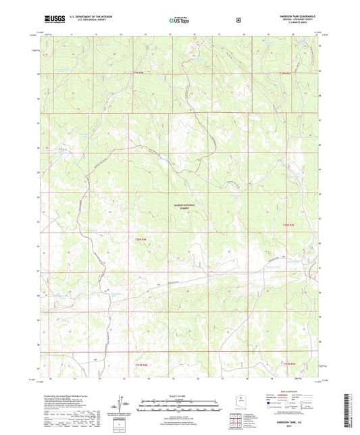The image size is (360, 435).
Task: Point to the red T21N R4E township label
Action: coord(140,365)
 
